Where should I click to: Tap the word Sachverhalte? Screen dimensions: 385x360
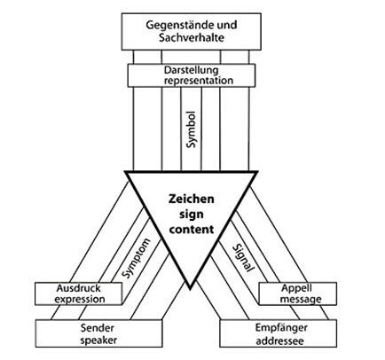[192, 38]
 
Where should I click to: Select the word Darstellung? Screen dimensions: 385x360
[192, 70]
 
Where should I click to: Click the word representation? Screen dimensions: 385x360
[199, 81]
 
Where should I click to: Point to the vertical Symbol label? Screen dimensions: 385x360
[192, 129]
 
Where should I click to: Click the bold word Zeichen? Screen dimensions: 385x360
[191, 199]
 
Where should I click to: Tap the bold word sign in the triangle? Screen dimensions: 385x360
[192, 215]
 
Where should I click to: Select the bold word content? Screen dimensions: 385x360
[192, 230]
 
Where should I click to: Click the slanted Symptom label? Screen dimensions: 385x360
[137, 258]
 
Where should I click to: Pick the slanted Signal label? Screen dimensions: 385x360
[243, 258]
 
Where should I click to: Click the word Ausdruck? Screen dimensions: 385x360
[78, 288]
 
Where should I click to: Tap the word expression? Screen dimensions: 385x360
[80, 299]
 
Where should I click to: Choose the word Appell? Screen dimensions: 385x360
[293, 288]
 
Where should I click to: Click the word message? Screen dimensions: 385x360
[301, 299]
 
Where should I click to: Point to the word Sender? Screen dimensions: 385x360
[98, 328]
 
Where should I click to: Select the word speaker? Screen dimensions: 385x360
[98, 340]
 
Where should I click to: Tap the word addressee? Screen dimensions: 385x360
[279, 341]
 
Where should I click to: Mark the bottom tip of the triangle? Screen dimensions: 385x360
[190, 289]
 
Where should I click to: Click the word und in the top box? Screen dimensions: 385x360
[227, 25]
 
